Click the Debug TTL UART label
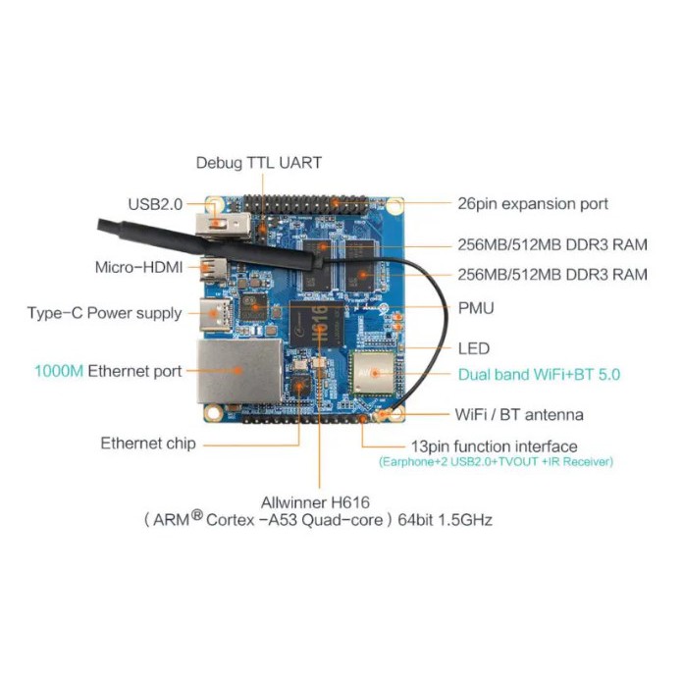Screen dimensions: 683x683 tap(258, 162)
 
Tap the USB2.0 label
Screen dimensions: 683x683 tap(155, 204)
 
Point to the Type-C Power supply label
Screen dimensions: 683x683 tap(104, 313)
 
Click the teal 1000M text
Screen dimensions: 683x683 tap(59, 371)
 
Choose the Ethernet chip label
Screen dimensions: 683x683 tap(147, 443)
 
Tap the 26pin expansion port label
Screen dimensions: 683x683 tap(533, 204)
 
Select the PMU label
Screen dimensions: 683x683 tap(476, 308)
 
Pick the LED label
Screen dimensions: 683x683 tap(473, 348)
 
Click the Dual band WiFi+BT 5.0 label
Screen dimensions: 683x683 tap(539, 374)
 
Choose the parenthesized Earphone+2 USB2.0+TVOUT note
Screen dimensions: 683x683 tap(496, 461)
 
